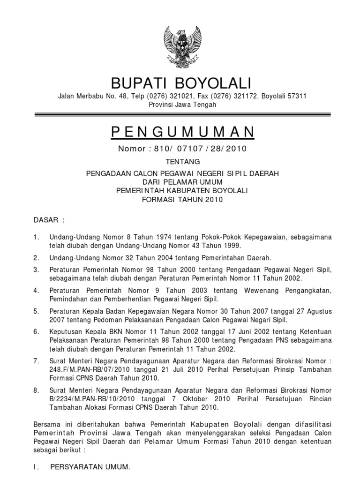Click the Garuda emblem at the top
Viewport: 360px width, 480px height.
tap(181, 46)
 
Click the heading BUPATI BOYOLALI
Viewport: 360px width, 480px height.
tap(181, 84)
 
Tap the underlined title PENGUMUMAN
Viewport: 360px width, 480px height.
tap(182, 133)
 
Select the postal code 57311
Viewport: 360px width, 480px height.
tap(297, 97)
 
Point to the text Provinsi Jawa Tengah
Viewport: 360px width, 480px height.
tap(182, 105)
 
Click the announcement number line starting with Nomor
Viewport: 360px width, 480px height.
tap(182, 149)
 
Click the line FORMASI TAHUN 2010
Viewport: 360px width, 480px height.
tap(182, 199)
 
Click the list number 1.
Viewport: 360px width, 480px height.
tap(37, 238)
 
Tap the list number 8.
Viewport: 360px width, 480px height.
tap(37, 390)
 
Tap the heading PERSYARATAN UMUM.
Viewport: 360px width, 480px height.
tap(89, 468)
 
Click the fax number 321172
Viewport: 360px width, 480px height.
tap(232, 97)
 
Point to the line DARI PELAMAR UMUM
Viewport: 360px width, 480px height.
tap(182, 182)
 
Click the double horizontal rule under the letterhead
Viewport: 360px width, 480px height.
tap(182, 114)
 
